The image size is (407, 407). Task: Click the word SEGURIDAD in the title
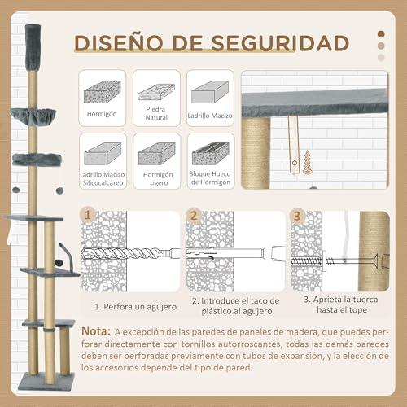pyautogui.click(x=280, y=43)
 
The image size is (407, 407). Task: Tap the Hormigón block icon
pyautogui.click(x=103, y=92)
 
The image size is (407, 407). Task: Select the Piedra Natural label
pyautogui.click(x=156, y=113)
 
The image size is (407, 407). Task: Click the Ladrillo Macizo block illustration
pyautogui.click(x=210, y=92)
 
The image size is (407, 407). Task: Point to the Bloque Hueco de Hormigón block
pyautogui.click(x=211, y=154)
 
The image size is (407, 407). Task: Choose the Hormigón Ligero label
pyautogui.click(x=158, y=178)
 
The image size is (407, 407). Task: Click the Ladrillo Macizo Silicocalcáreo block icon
pyautogui.click(x=103, y=154)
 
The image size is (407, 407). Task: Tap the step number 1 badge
pyautogui.click(x=88, y=216)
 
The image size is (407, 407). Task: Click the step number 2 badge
pyautogui.click(x=193, y=216)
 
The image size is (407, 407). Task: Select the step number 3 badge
pyautogui.click(x=297, y=216)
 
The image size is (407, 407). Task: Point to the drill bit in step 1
pyautogui.click(x=127, y=254)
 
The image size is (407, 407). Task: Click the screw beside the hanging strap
pyautogui.click(x=307, y=162)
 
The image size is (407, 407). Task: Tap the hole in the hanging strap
pyautogui.click(x=295, y=164)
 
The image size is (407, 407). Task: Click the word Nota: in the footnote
pyautogui.click(x=96, y=331)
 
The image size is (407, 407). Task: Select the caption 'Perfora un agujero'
pyautogui.click(x=140, y=307)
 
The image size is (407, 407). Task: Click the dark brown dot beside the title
pyautogui.click(x=381, y=34)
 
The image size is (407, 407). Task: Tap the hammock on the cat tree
pyautogui.click(x=33, y=116)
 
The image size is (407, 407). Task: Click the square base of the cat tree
pyautogui.click(x=46, y=382)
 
